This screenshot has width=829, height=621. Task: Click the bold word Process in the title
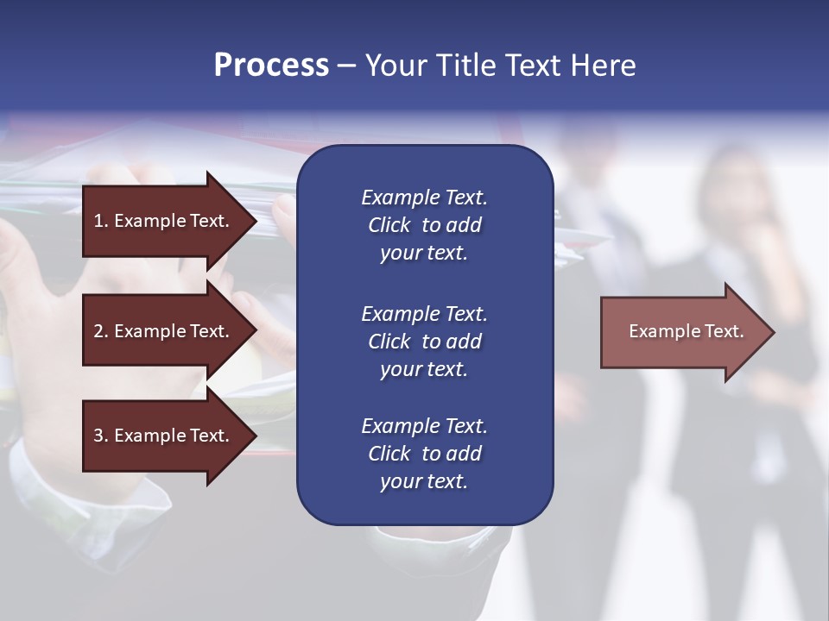(x=271, y=66)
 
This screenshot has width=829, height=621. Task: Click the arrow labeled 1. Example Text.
(x=164, y=221)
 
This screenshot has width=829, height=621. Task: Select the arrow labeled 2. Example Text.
(x=164, y=331)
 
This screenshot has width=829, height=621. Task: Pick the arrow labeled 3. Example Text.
(x=164, y=436)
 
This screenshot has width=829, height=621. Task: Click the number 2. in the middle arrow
(x=101, y=331)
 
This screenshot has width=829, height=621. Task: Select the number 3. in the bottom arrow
(x=101, y=436)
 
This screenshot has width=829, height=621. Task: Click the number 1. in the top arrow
(x=101, y=221)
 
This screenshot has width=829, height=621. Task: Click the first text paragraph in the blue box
(x=424, y=225)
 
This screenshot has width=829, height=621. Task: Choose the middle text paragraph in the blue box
(x=424, y=341)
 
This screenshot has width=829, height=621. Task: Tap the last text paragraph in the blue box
(x=424, y=454)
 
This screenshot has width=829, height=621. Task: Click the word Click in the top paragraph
(x=389, y=225)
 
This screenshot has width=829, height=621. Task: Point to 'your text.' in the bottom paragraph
(x=424, y=481)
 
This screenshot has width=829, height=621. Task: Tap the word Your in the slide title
(x=398, y=66)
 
